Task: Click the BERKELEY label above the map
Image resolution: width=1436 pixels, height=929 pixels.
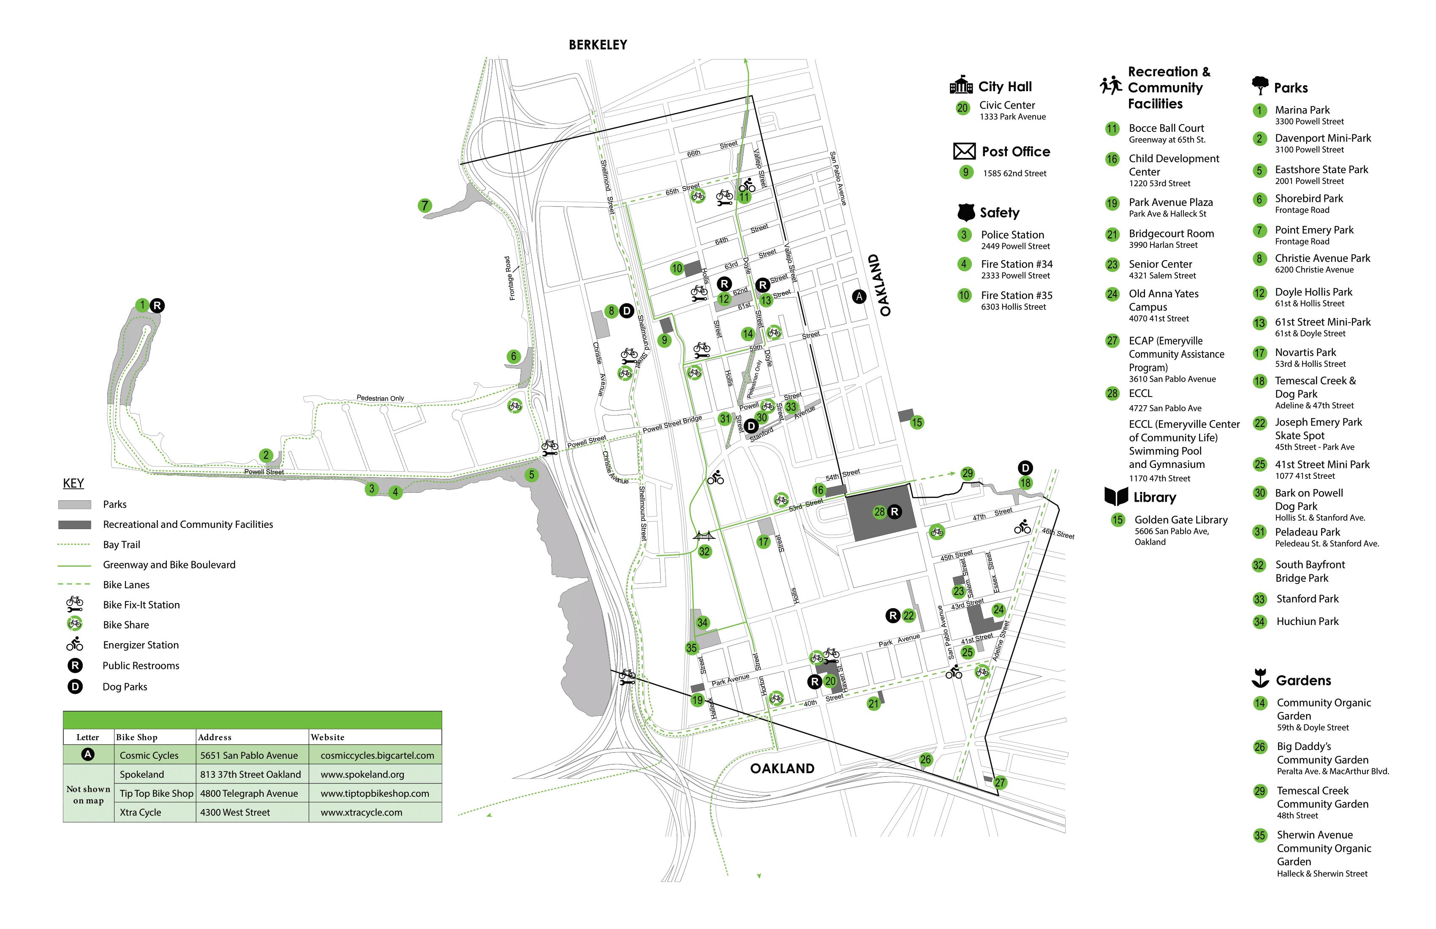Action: tap(597, 45)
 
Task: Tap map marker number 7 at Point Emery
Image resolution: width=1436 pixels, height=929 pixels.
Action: tap(425, 206)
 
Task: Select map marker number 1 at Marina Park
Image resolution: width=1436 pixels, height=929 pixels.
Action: tap(142, 305)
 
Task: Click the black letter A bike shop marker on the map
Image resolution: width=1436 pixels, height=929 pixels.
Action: tap(859, 296)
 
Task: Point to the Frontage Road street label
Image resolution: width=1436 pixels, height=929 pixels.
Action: tap(510, 278)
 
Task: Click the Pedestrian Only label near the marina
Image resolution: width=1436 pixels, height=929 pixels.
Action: tap(380, 398)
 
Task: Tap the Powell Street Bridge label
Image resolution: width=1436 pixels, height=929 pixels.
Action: tap(672, 424)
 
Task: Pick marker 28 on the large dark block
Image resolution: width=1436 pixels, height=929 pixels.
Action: tap(879, 511)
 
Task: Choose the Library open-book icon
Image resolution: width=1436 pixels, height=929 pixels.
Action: tap(1115, 497)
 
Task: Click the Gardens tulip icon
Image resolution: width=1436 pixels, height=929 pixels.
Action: tap(1260, 679)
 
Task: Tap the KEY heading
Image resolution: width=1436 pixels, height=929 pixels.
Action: tap(73, 483)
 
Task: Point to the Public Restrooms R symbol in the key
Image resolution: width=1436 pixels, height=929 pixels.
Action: tap(75, 666)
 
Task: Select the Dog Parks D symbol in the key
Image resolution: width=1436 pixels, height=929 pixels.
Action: tap(75, 687)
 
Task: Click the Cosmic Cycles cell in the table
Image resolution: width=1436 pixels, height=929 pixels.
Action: tap(149, 755)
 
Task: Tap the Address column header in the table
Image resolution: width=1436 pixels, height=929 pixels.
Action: tap(215, 737)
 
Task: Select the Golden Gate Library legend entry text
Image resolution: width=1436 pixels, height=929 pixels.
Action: tap(1181, 520)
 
